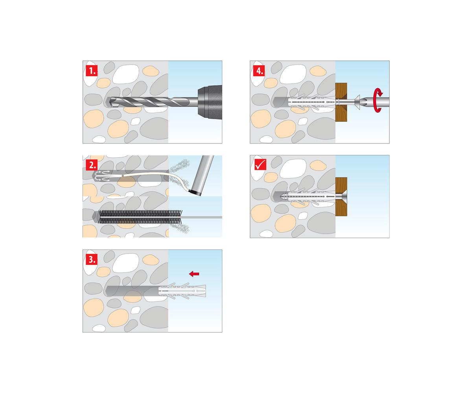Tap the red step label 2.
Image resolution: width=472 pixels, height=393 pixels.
point(92,165)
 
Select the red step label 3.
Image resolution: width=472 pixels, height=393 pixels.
point(92,259)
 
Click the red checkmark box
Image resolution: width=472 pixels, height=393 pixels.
point(260,164)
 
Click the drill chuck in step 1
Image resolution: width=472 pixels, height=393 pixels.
point(210,102)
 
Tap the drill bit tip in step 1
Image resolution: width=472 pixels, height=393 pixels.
point(111,102)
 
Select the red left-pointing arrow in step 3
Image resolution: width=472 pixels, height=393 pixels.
point(194,274)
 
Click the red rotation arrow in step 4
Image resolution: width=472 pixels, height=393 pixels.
point(378,100)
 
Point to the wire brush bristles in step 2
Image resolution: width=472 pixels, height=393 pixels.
point(140,217)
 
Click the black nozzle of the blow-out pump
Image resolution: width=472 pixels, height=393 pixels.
point(195,193)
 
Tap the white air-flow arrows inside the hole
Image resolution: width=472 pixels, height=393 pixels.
point(102,176)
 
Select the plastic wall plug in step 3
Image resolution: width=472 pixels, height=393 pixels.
point(182,291)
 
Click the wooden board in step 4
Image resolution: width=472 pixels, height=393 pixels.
point(341,102)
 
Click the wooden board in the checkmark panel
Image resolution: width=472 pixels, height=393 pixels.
point(341,196)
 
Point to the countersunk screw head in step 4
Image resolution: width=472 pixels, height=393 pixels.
point(357,102)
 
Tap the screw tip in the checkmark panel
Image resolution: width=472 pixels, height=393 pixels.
point(282,196)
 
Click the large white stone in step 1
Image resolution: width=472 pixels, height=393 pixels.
point(125,74)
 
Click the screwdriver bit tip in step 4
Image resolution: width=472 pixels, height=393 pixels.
point(362,102)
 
